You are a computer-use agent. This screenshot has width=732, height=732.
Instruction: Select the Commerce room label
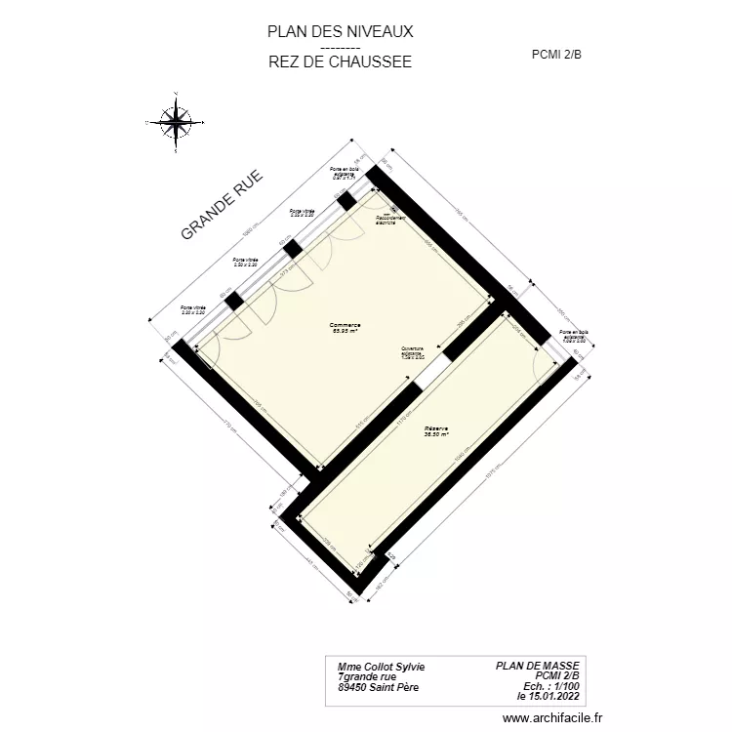tap(345, 328)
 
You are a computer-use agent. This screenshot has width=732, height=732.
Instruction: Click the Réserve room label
tap(435, 431)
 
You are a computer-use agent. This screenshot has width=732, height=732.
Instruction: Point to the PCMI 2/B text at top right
tap(556, 55)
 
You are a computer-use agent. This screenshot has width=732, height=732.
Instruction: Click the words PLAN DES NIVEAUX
tap(340, 31)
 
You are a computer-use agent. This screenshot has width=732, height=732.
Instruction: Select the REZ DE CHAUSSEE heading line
tap(340, 61)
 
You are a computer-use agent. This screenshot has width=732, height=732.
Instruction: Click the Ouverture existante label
tap(412, 353)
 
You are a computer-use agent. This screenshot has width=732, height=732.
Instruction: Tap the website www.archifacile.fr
tap(553, 716)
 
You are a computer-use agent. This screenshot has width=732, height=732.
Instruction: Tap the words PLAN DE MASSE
tap(538, 666)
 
